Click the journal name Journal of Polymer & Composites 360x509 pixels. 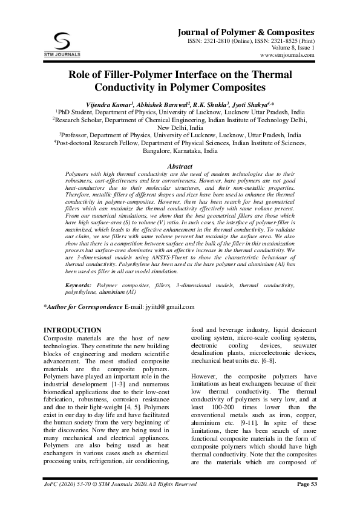[x=245, y=31]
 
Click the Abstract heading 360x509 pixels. [x=180, y=166]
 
